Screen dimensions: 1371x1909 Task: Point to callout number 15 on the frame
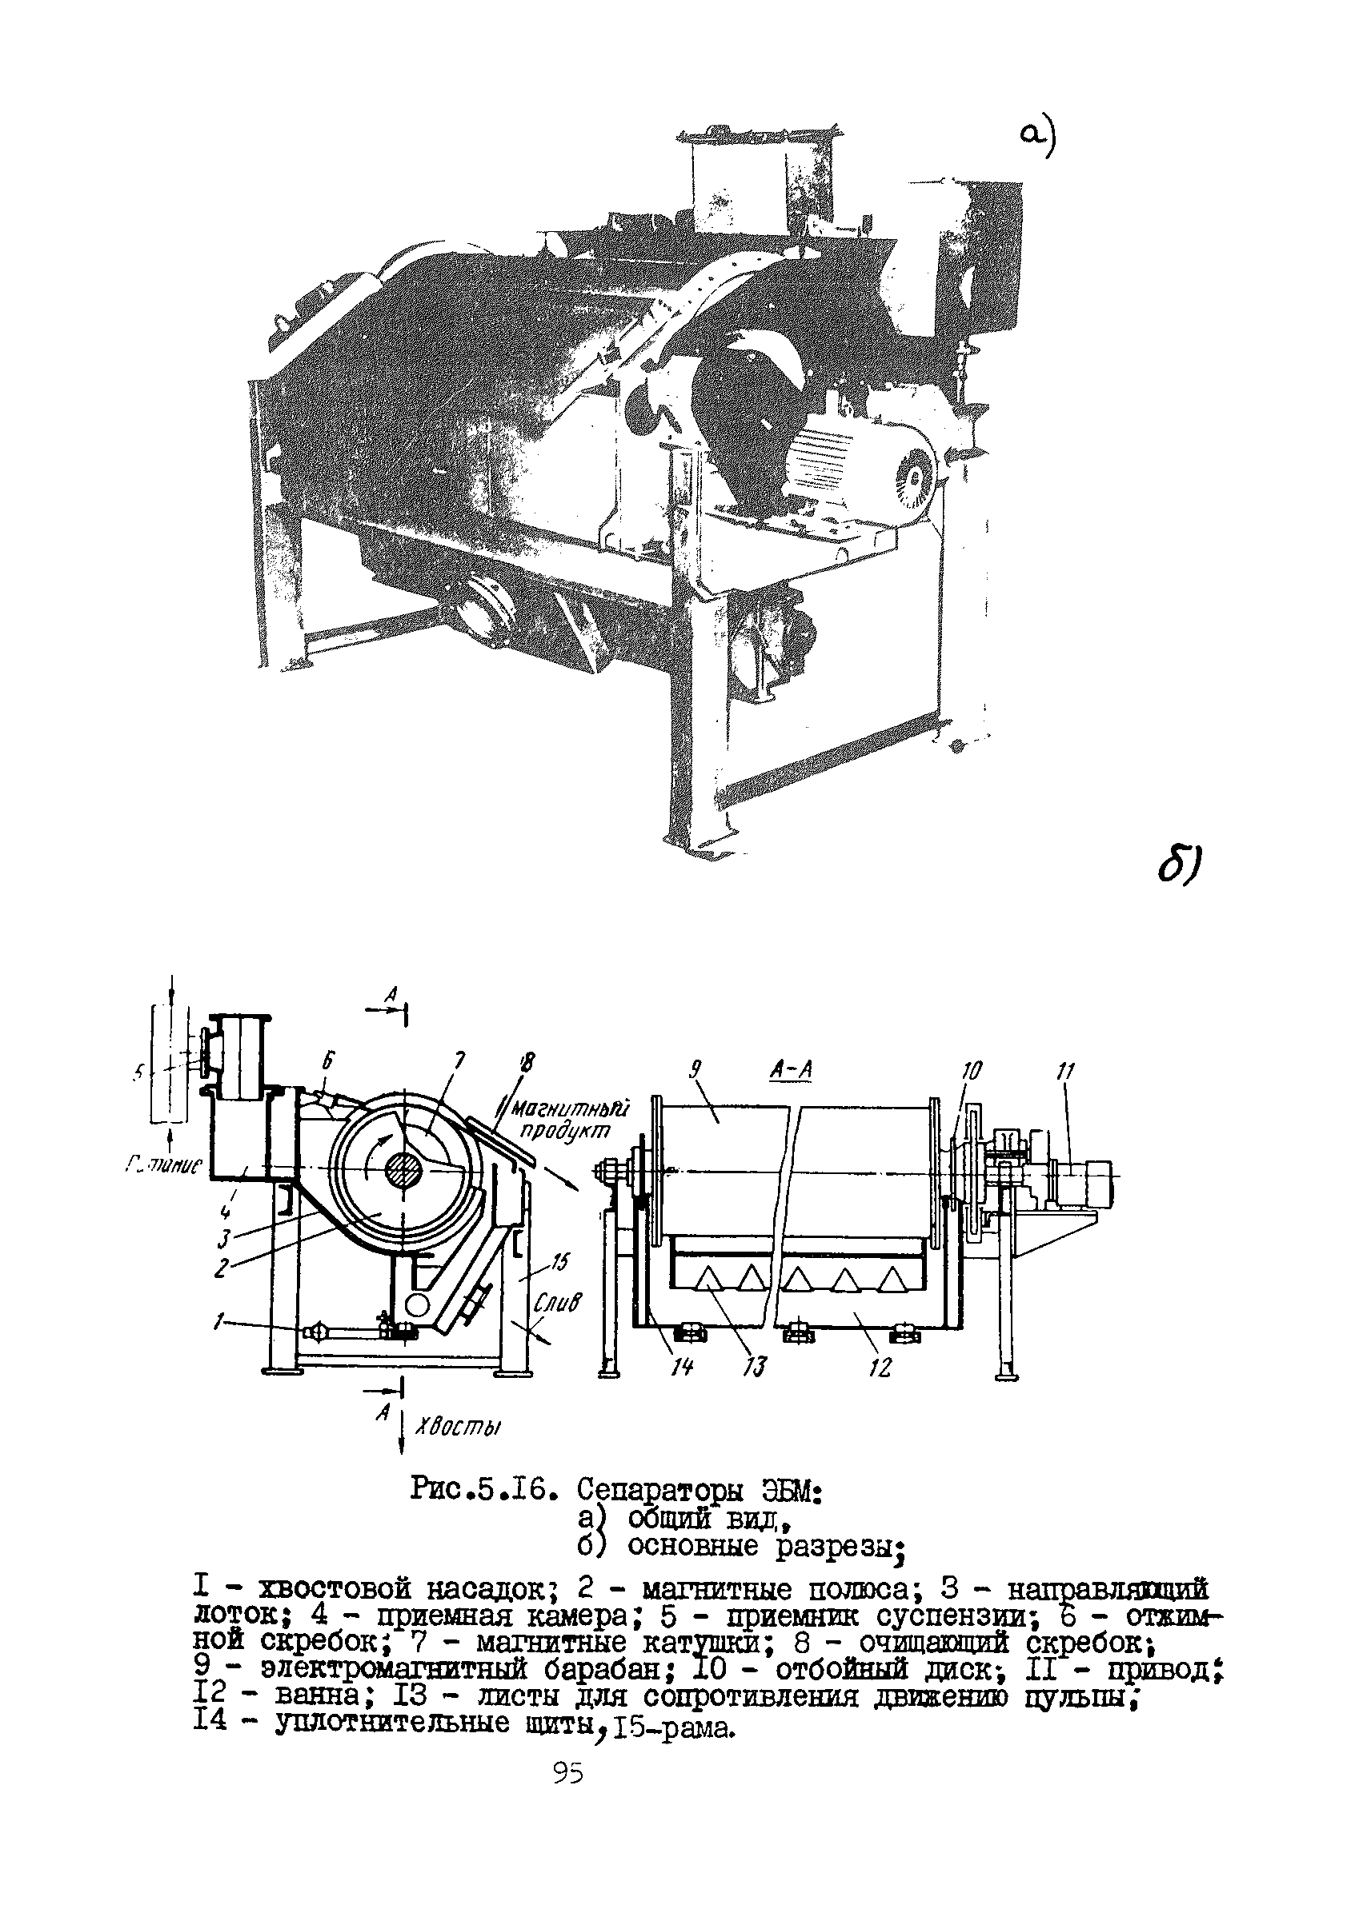(559, 1263)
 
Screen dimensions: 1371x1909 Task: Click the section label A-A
(791, 1070)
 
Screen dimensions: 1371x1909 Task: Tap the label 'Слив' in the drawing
(557, 1304)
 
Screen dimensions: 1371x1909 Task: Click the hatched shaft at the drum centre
(406, 1171)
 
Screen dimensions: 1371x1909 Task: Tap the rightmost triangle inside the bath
(889, 1280)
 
